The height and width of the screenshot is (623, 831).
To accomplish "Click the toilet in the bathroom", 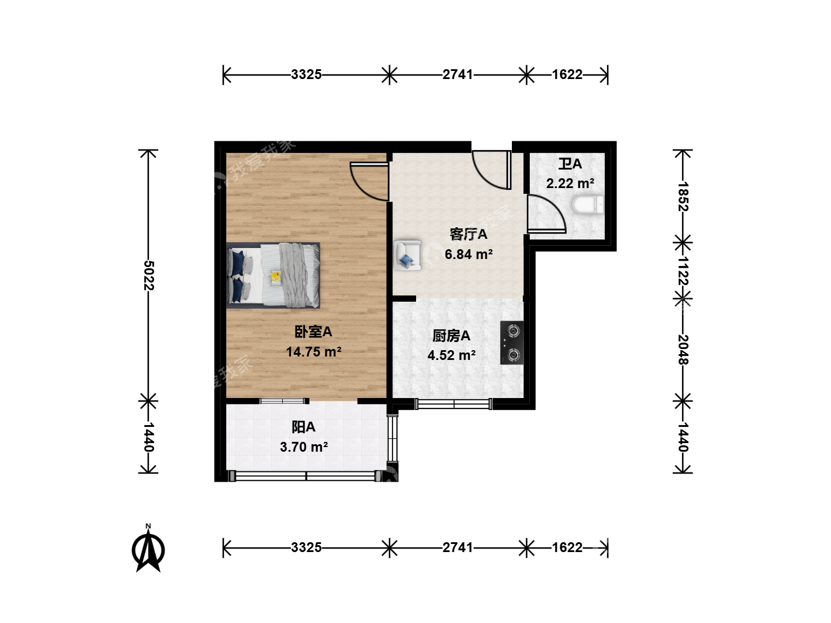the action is pyautogui.click(x=588, y=204).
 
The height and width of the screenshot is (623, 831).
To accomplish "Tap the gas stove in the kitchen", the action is pyautogui.click(x=512, y=343).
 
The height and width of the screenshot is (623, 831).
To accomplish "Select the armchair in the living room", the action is pyautogui.click(x=407, y=255).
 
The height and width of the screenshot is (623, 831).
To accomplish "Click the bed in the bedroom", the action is pyautogui.click(x=273, y=275).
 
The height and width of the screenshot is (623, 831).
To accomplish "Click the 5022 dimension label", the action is pyautogui.click(x=149, y=275).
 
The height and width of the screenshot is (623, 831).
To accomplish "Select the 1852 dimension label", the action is pyautogui.click(x=683, y=196).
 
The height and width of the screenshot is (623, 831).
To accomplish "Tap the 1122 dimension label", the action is pyautogui.click(x=683, y=271).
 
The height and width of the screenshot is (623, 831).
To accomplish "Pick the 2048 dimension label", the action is pyautogui.click(x=683, y=350).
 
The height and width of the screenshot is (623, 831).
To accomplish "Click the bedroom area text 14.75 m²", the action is pyautogui.click(x=313, y=352).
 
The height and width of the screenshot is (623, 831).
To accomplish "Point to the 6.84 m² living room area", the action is pyautogui.click(x=469, y=254).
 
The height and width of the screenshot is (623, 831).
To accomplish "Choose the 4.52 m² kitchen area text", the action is pyautogui.click(x=451, y=355).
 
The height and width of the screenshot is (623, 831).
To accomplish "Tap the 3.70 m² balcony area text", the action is pyautogui.click(x=304, y=447).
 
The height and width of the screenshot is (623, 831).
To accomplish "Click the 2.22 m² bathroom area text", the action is pyautogui.click(x=570, y=183).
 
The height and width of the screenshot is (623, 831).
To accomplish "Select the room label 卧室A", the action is pyautogui.click(x=313, y=332).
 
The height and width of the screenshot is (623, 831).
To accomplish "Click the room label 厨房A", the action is pyautogui.click(x=451, y=336).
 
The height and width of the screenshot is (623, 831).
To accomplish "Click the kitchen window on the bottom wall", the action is pyautogui.click(x=454, y=404).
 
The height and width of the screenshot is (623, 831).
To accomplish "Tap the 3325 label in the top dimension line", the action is pyautogui.click(x=306, y=74).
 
